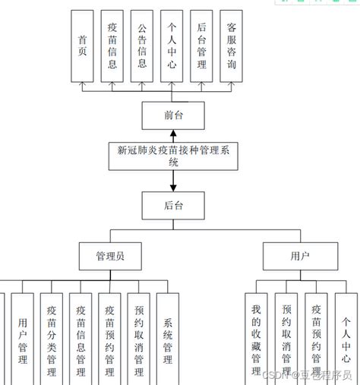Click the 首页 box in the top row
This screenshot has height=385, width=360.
click(x=82, y=46)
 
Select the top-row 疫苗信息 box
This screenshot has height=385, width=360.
click(x=112, y=46)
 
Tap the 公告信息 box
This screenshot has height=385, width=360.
click(x=142, y=46)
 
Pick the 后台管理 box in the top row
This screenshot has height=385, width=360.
click(x=201, y=46)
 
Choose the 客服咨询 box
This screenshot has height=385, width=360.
click(x=231, y=46)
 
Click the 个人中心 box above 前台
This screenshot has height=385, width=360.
click(x=172, y=46)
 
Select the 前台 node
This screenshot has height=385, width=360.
click(x=173, y=115)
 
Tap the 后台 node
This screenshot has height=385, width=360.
click(x=173, y=205)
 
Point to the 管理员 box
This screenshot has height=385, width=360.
click(x=110, y=256)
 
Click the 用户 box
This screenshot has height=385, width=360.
click(x=300, y=256)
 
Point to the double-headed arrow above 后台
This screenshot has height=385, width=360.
click(x=173, y=179)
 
